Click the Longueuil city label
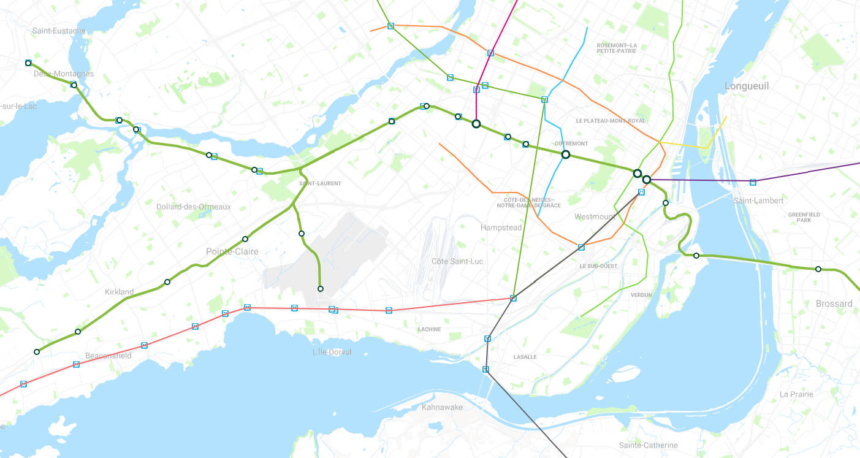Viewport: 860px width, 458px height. pos(746,86)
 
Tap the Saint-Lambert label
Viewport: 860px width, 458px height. pos(758,200)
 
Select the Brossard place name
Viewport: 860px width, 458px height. pos(834,303)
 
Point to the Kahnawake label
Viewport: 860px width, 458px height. pos(442,407)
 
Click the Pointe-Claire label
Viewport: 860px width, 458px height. pos(232,251)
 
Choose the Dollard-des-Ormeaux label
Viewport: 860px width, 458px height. pos(193,207)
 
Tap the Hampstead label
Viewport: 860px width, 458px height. pos(501,227)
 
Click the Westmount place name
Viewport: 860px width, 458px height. pos(594,216)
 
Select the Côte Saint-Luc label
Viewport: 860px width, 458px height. pos(457,261)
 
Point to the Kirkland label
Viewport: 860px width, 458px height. pos(119,292)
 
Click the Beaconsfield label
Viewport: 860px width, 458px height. pos(108,356)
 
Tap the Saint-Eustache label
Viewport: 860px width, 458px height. pos(59,31)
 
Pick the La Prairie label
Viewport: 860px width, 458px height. pos(796,394)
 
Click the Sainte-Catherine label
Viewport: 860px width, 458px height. pos(648,445)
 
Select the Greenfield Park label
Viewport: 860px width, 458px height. pos(804,217)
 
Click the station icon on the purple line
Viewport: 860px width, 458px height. pos(753,182)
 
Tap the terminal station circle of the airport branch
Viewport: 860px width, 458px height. pos(320,289)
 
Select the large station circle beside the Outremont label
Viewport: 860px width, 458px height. pos(566,155)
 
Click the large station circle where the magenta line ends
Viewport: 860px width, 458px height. pos(476,124)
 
